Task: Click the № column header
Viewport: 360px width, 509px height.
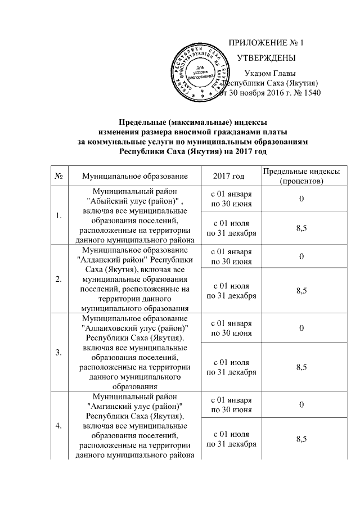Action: coord(58,177)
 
